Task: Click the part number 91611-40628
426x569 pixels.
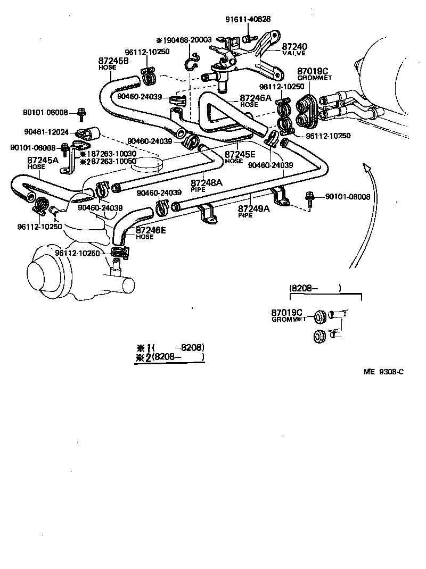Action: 248,19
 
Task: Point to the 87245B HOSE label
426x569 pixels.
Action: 113,64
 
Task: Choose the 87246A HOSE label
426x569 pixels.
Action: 255,101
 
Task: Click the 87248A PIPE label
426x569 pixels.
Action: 207,185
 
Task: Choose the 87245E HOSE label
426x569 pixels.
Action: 241,157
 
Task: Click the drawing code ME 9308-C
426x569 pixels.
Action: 383,372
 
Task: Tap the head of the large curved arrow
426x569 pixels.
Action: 366,168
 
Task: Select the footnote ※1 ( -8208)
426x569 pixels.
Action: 170,348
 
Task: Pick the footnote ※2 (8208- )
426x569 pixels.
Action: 170,357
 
